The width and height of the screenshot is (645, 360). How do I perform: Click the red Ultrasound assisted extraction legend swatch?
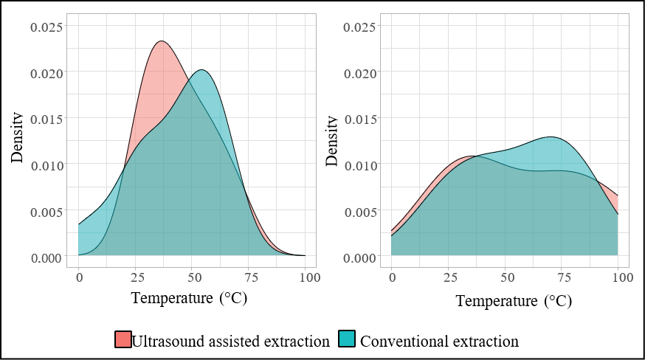(x=123, y=339)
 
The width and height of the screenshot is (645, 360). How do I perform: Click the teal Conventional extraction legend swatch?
(x=347, y=339)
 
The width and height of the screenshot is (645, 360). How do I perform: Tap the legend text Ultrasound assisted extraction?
(x=231, y=342)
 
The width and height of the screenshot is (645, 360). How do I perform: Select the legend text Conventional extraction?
(x=439, y=342)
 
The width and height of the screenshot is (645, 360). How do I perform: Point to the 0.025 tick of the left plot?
(x=47, y=27)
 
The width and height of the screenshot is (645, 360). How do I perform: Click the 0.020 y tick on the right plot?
(x=361, y=74)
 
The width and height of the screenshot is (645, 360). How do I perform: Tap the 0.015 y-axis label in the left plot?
(x=47, y=120)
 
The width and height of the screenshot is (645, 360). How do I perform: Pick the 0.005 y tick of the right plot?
(x=361, y=212)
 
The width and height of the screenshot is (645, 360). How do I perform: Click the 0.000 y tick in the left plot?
(x=47, y=258)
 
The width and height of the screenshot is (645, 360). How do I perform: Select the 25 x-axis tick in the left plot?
(x=138, y=277)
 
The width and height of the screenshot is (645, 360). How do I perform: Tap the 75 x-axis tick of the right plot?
(x=565, y=277)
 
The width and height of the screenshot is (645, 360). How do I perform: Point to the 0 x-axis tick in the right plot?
(x=392, y=277)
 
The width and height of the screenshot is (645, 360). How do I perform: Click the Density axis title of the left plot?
(x=17, y=137)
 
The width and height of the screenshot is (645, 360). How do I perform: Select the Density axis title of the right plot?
(x=331, y=141)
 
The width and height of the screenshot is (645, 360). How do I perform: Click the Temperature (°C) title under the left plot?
(x=189, y=297)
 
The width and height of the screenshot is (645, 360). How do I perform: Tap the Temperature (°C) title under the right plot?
(x=514, y=301)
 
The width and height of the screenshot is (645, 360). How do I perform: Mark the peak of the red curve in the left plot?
(x=161, y=41)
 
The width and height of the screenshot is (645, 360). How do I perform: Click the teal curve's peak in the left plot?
(x=202, y=69)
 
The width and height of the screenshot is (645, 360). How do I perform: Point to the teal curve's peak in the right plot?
(x=551, y=136)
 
